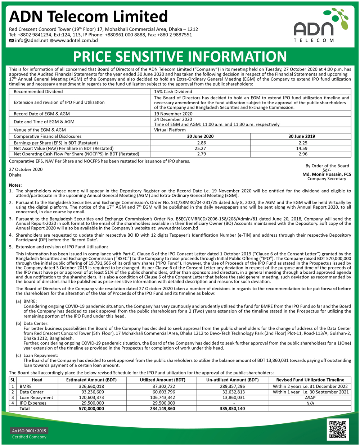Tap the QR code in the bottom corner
[x=338, y=429]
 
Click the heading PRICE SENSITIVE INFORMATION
[x=180, y=57]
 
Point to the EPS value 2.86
[x=200, y=143]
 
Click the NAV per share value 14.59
[x=301, y=148]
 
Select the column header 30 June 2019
[x=301, y=136]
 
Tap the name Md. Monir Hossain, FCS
[x=327, y=174]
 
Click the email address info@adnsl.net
[x=31, y=41]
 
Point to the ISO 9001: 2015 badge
[x=29, y=431]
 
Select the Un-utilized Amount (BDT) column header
[x=232, y=380]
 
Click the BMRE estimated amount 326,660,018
[x=91, y=386]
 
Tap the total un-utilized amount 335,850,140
[x=232, y=409]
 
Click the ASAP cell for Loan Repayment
[x=310, y=397]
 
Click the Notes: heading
[x=15, y=185]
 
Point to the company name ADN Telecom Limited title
[x=89, y=17]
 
